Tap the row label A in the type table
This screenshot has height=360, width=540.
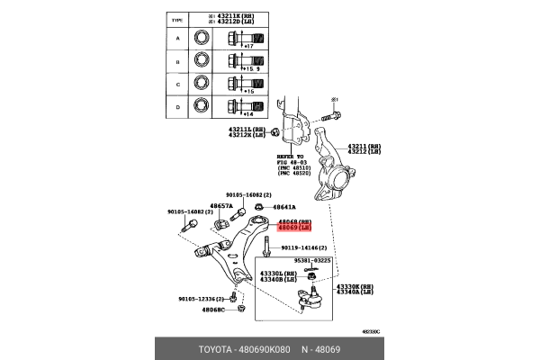click(178, 39)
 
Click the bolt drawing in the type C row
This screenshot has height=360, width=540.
click(240, 85)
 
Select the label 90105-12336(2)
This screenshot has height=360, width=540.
click(198, 299)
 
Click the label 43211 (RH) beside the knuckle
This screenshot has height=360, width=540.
click(360, 145)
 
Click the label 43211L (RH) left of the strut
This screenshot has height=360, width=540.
click(247, 129)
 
